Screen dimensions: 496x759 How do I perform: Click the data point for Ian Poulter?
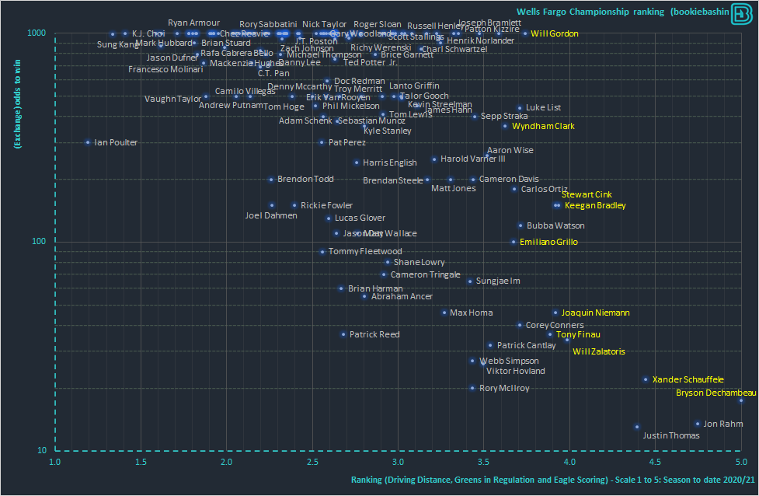tap(88, 142)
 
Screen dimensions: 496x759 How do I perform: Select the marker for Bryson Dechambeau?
tap(740, 400)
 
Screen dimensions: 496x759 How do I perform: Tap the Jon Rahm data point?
tap(698, 424)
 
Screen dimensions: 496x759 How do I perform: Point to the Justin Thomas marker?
tap(637, 427)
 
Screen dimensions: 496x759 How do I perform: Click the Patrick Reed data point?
tap(343, 334)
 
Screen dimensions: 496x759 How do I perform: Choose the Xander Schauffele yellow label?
tap(688, 379)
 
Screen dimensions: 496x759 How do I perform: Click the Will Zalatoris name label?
tap(598, 351)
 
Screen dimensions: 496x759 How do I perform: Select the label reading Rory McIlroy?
tap(504, 388)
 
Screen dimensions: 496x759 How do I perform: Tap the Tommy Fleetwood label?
tap(365, 251)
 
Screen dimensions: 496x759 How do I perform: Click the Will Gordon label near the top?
tap(555, 33)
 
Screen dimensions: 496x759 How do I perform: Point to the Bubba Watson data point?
tap(521, 225)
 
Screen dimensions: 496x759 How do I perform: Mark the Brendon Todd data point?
tap(271, 180)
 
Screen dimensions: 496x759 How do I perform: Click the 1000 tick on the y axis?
tap(38, 33)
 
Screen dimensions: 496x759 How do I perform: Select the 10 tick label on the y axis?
tap(42, 451)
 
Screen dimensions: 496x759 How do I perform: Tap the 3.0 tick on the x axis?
tap(398, 461)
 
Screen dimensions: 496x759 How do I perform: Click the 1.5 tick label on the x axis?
tap(141, 461)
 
